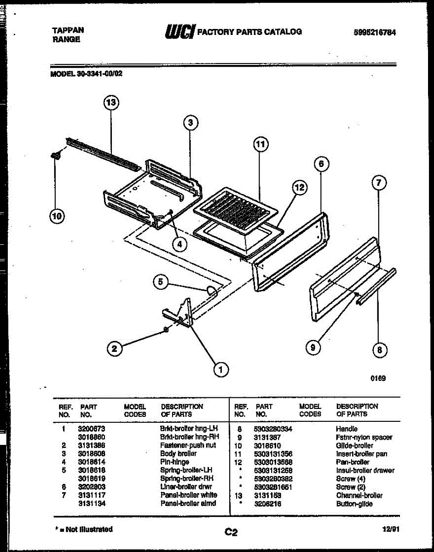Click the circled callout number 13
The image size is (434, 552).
tap(111, 103)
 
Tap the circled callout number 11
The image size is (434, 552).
tap(260, 144)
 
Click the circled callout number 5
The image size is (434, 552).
tap(161, 282)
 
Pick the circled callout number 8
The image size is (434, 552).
tap(379, 350)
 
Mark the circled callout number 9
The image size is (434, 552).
tap(313, 348)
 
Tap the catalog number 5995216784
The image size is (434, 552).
tap(375, 33)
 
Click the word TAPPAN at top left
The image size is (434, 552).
tap(68, 30)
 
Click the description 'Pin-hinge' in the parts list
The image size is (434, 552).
tap(174, 462)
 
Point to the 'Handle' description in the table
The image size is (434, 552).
tap(347, 429)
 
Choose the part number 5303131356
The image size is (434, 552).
tap(273, 454)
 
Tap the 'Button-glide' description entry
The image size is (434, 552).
tap(354, 504)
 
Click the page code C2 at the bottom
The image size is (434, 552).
tap(231, 532)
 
